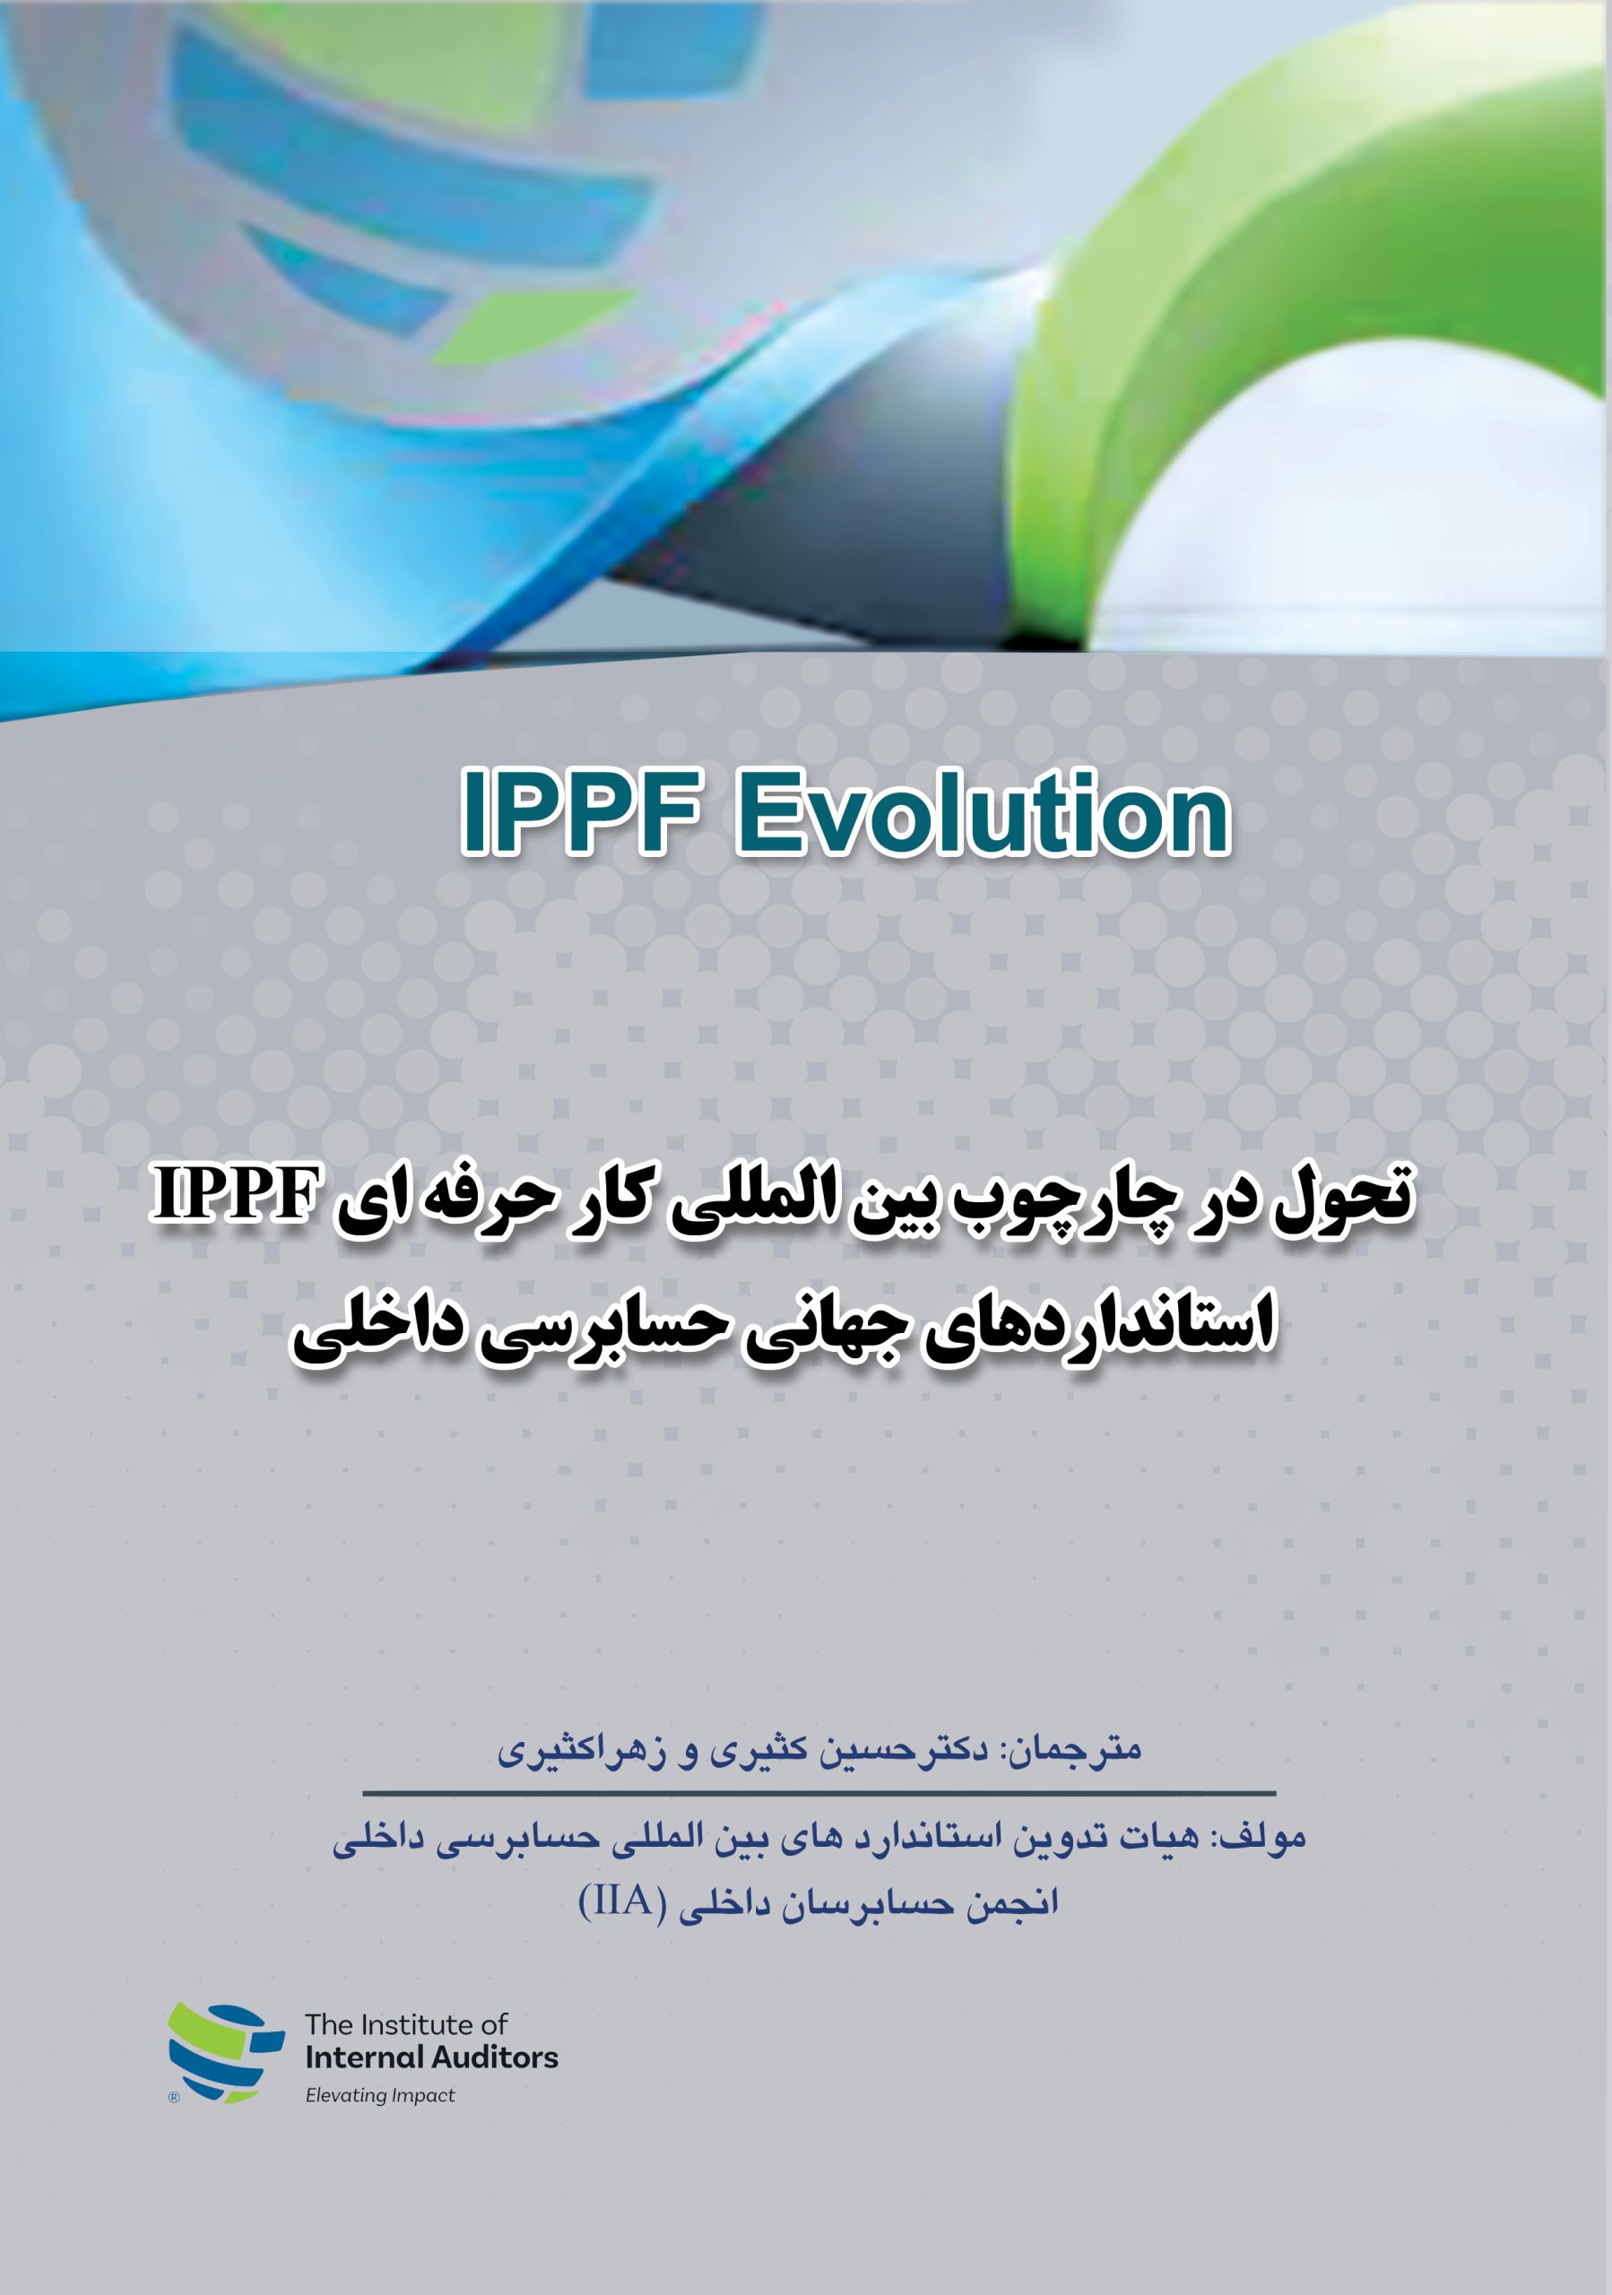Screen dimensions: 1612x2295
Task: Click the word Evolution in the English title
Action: click(984, 812)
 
